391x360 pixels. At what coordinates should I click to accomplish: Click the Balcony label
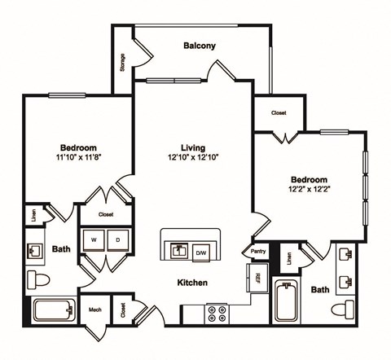pyautogui.click(x=199, y=46)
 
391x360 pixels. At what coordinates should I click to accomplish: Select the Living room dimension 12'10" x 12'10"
pyautogui.click(x=193, y=158)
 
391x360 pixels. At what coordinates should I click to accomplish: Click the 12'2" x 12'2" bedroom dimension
pyautogui.click(x=308, y=190)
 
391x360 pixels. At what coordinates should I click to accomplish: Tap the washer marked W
pyautogui.click(x=95, y=240)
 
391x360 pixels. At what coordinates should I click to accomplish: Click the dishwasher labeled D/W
pyautogui.click(x=201, y=253)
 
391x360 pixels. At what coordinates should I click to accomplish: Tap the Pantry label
pyautogui.click(x=258, y=252)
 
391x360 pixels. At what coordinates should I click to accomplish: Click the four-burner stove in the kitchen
pyautogui.click(x=217, y=313)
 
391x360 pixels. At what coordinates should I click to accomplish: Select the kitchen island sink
pyautogui.click(x=178, y=249)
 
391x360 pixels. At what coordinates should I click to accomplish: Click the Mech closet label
pyautogui.click(x=94, y=310)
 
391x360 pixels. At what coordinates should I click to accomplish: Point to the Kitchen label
pyautogui.click(x=193, y=283)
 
